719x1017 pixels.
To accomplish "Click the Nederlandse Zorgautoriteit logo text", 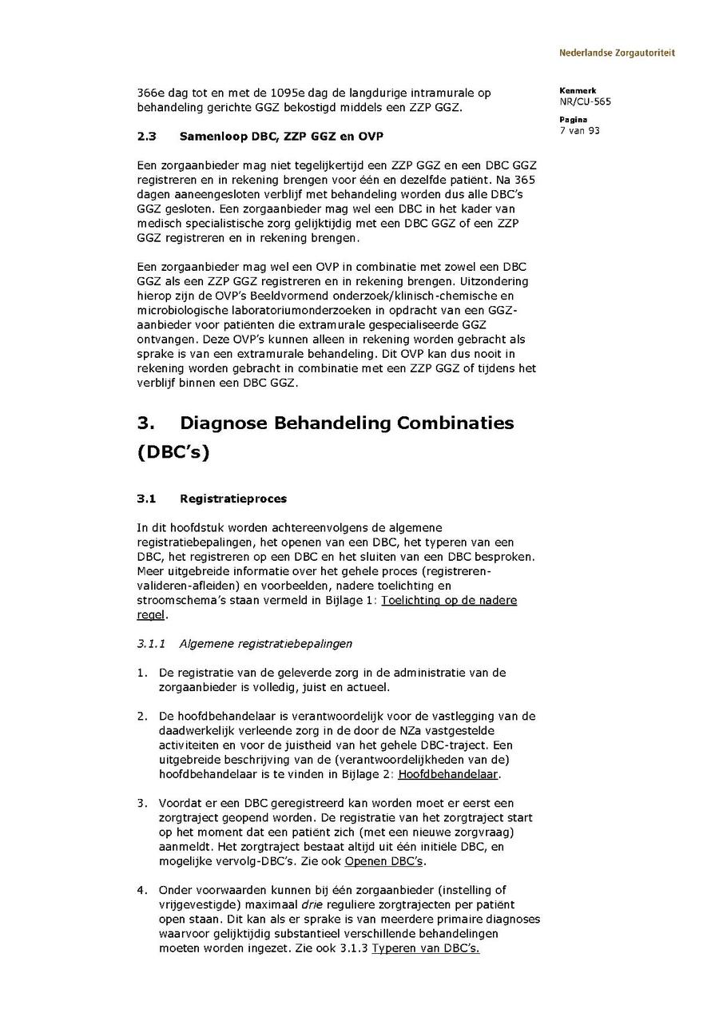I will point(616,53).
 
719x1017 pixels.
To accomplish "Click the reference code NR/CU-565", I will point(586,101).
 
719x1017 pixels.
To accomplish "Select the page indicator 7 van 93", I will point(579,130).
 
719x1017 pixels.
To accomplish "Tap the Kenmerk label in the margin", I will point(577,91).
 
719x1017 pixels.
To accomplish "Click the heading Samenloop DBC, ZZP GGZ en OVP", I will point(282,137).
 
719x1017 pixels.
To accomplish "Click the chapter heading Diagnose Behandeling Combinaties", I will point(347,423).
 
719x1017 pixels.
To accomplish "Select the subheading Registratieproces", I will point(232,499).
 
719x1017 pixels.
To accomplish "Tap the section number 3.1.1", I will point(150,643).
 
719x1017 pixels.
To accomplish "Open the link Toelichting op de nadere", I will point(449,600).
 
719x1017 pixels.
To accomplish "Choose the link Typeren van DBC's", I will point(425,948).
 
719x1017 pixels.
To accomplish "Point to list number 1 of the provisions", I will point(141,673).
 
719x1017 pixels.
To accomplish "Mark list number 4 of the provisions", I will point(141,890).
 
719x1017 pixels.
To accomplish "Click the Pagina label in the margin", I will point(574,120).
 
